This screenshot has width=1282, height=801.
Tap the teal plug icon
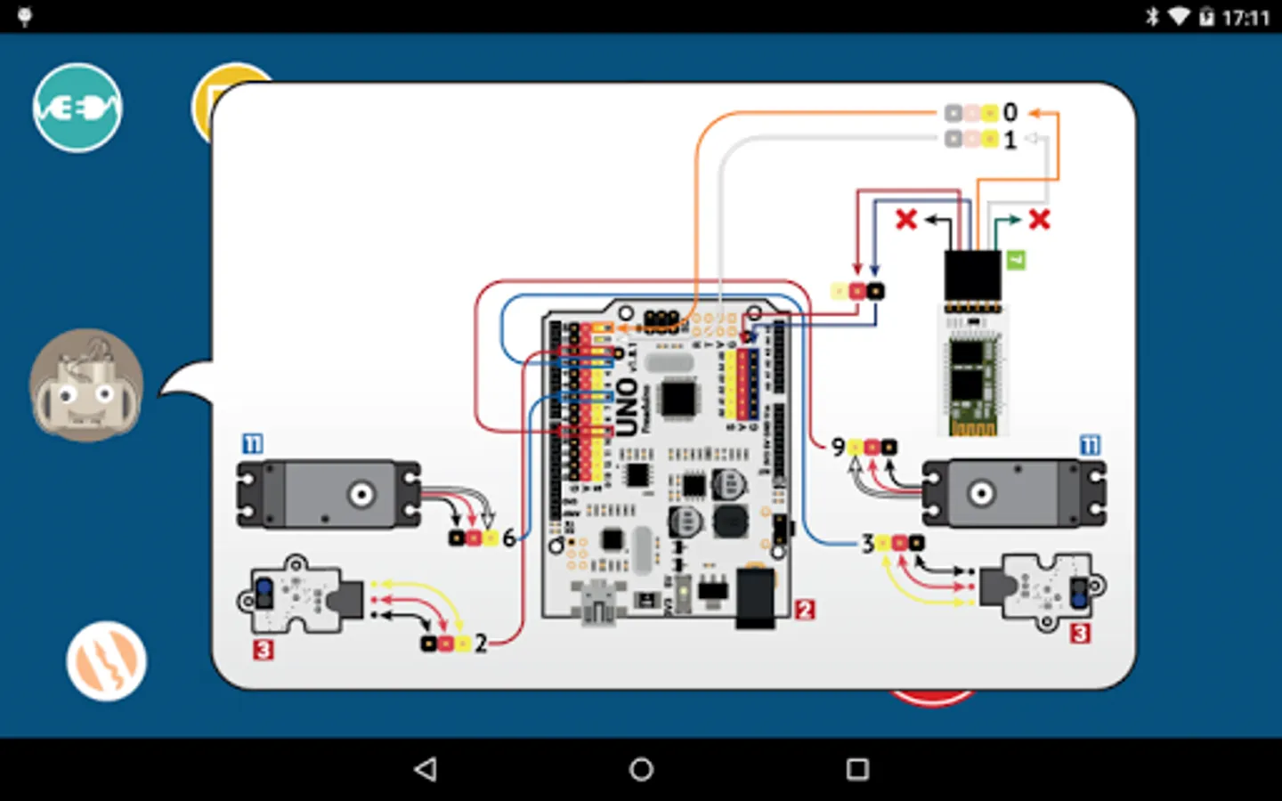tap(77, 108)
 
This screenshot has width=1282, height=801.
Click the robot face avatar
tap(86, 385)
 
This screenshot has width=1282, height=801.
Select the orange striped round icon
tap(106, 661)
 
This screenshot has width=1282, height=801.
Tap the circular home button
tap(641, 769)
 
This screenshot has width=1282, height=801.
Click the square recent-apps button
tap(857, 769)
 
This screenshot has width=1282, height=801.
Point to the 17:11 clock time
tap(1245, 17)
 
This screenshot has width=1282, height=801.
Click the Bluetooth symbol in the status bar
tap(1152, 16)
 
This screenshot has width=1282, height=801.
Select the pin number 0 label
tap(1010, 112)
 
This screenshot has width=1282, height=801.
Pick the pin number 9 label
tap(838, 446)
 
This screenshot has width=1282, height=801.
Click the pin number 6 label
tap(508, 538)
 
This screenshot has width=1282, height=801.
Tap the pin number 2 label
tap(481, 643)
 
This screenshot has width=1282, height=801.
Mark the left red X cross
tap(906, 219)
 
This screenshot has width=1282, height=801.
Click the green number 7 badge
tap(1016, 260)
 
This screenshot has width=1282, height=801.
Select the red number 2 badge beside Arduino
tap(805, 610)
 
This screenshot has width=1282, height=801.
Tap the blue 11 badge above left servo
tap(253, 443)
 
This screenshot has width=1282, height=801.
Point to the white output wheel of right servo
tap(981, 492)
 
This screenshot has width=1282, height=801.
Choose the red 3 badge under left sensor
tap(263, 650)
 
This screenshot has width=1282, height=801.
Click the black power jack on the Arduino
tap(755, 597)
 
